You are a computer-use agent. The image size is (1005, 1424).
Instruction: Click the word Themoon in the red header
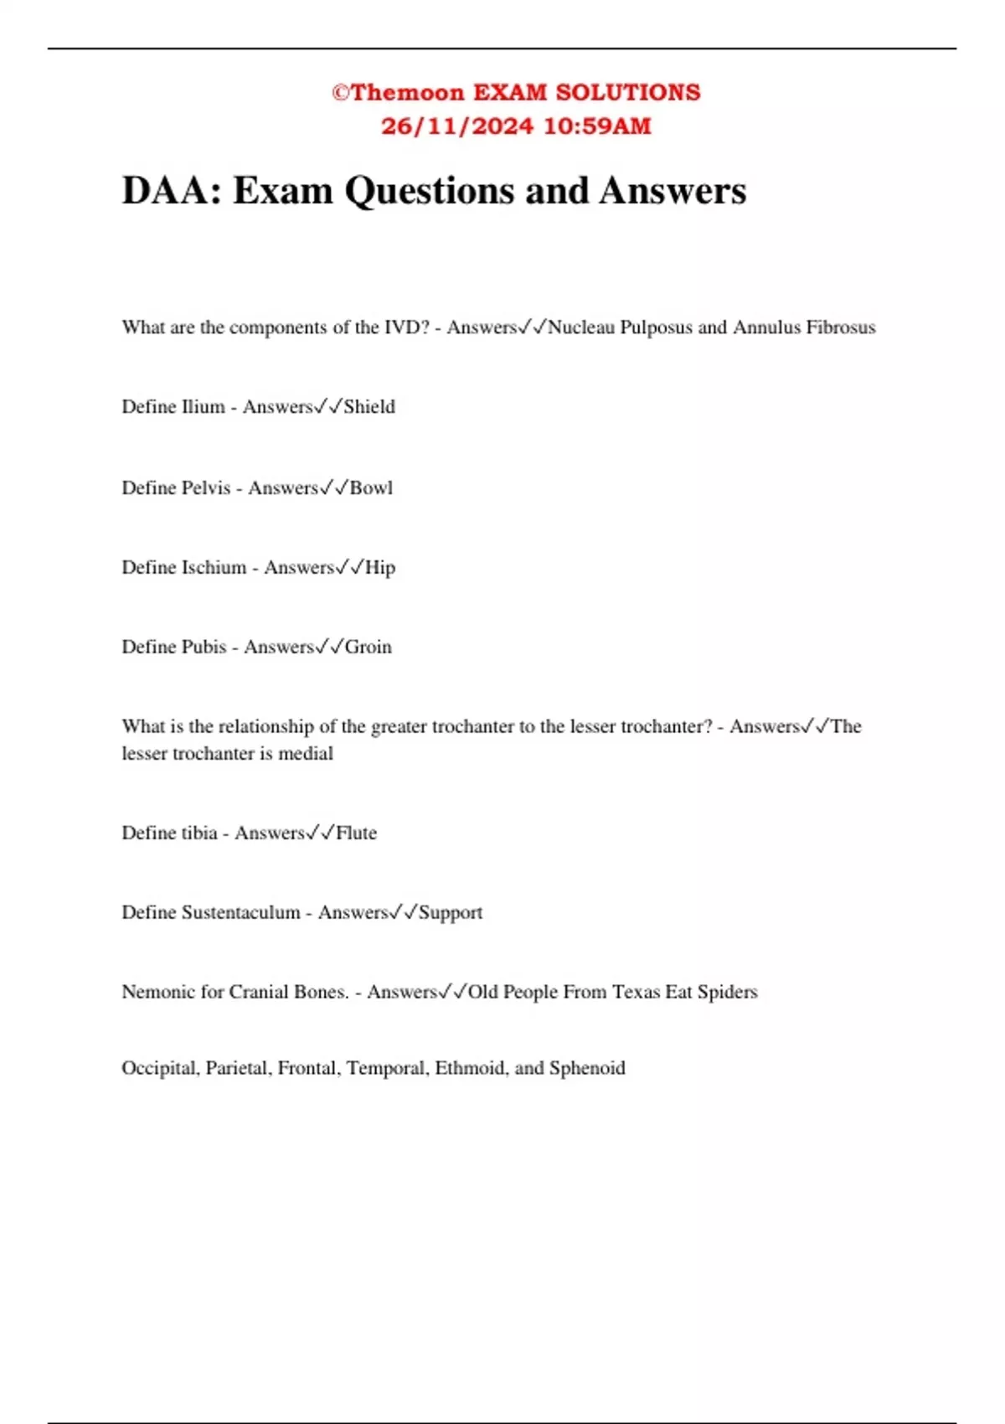coord(407,92)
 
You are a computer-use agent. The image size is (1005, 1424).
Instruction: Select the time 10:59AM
coord(597,126)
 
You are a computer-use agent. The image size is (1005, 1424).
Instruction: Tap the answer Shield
coord(369,407)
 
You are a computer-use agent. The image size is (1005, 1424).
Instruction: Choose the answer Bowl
coord(371,488)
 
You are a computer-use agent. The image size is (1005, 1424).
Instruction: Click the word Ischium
coord(214,568)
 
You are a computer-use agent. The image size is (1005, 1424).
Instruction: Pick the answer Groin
coord(368,648)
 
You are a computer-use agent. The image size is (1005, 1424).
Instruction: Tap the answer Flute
coord(357,833)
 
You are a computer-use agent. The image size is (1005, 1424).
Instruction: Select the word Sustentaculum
coord(240,913)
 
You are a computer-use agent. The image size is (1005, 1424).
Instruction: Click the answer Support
coord(451,913)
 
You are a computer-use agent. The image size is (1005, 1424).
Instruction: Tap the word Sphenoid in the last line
coord(587,1069)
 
